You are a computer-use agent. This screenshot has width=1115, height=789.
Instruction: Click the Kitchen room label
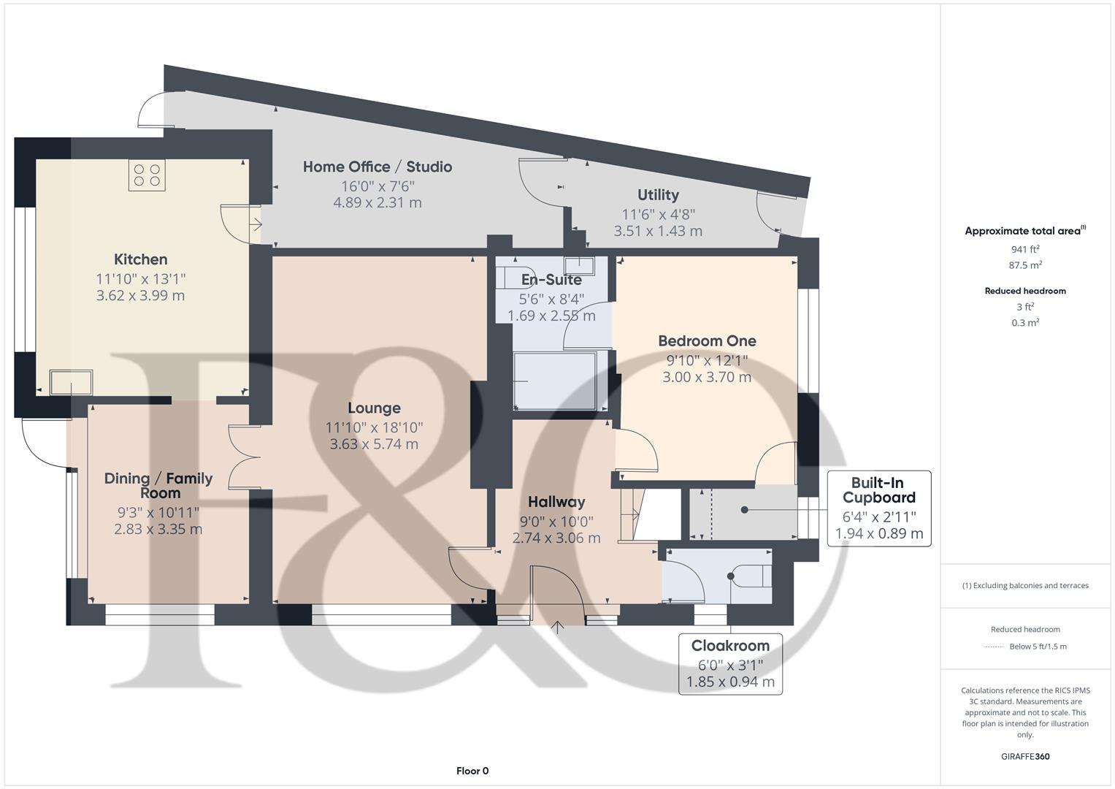[x=140, y=259]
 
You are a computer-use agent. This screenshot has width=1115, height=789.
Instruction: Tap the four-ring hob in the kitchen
[x=147, y=175]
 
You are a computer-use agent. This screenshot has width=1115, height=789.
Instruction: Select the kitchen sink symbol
[x=71, y=382]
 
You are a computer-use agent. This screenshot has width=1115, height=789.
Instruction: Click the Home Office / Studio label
[x=377, y=167]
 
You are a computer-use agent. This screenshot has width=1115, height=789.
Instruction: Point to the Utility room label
[x=658, y=195]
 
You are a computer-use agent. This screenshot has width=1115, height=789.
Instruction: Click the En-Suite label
[x=551, y=280]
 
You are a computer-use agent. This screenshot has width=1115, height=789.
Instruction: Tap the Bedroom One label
[x=707, y=341]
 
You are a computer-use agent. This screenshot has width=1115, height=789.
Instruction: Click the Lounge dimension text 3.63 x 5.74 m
[x=374, y=444]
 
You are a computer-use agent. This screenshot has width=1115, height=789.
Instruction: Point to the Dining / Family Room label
[x=158, y=485]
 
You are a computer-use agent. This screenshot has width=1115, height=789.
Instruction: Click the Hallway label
[x=556, y=502]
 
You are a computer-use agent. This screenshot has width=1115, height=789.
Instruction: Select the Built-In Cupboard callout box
[x=878, y=508]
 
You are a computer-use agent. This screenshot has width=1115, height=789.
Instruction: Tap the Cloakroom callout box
[x=730, y=663]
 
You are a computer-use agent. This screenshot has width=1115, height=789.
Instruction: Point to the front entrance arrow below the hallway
[x=559, y=627]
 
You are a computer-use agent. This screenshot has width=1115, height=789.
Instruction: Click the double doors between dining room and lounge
[x=244, y=458]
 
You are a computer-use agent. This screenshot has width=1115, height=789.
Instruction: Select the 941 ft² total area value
[x=1024, y=249]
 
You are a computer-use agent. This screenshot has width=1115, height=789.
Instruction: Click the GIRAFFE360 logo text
[x=1024, y=756]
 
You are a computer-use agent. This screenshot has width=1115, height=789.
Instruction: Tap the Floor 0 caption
[x=472, y=771]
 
